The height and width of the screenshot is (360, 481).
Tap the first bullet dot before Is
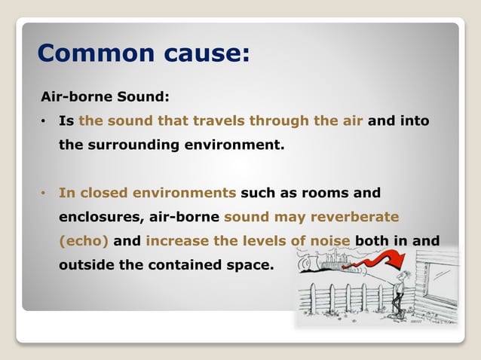44,121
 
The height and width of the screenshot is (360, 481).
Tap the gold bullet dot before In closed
44,193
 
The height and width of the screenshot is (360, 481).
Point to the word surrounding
144,145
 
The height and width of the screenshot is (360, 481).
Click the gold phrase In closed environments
148,193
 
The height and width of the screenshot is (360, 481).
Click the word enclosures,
100,217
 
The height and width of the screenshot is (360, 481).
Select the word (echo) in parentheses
84,241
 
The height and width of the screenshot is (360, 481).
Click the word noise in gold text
328,241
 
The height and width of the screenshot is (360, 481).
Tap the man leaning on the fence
408,290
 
